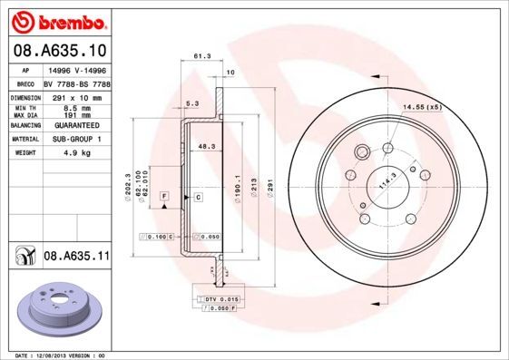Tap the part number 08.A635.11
click(76, 257)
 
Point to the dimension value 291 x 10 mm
click(73, 95)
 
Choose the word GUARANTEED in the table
click(73, 126)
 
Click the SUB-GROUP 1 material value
click(73, 140)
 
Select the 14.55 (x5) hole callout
click(422, 107)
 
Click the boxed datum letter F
click(163, 196)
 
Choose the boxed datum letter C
click(196, 196)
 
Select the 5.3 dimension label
click(191, 103)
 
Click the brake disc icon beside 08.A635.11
click(22, 257)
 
